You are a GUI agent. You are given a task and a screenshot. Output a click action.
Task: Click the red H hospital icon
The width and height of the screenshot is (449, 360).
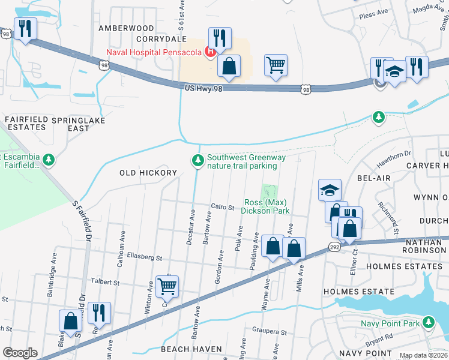click(211, 52)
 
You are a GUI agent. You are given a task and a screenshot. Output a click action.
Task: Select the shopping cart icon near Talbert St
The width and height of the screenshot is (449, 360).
click(167, 286)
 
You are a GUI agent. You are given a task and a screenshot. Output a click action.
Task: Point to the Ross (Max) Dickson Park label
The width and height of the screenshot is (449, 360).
click(266, 206)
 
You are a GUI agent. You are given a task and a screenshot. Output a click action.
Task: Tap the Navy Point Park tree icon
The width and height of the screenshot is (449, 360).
click(428, 324)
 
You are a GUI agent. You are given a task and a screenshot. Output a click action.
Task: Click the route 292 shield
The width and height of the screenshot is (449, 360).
click(335, 247)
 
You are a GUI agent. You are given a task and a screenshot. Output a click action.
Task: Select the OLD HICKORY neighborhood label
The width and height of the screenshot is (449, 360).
click(148, 173)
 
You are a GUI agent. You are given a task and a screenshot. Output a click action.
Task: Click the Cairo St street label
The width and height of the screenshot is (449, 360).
click(222, 207)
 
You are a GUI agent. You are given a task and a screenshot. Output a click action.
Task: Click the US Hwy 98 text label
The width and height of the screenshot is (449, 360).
click(205, 88)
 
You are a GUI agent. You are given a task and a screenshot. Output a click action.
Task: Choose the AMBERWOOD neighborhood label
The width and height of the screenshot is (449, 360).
click(127, 28)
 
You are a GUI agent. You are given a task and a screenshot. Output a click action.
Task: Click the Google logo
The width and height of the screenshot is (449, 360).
click(19, 353)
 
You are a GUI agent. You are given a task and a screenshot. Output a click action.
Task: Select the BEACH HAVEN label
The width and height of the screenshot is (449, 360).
click(191, 349)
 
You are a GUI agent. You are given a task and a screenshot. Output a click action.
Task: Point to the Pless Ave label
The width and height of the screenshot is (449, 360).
click(373, 13)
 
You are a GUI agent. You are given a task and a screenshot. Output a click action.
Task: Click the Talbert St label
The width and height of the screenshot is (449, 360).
click(106, 281)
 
